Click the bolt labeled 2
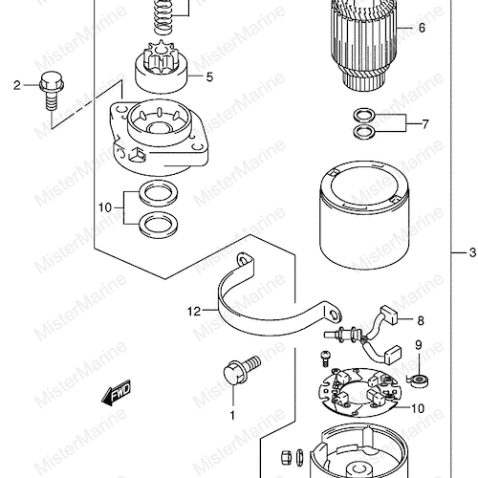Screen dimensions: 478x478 tap(52, 90)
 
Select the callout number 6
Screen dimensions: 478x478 tap(422, 28)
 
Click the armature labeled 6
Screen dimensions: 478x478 tap(363, 45)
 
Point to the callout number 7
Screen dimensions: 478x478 tap(425, 124)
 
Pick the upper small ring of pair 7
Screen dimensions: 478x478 tap(364, 116)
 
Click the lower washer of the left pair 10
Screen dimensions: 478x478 tap(159, 226)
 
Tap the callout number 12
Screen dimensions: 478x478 tap(194, 311)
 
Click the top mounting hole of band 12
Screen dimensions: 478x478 tap(244, 260)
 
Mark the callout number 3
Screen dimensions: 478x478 tap(472, 252)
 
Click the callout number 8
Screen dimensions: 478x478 tap(421, 320)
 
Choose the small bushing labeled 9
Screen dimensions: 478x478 tap(419, 380)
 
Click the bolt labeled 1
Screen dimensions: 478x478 tap(242, 370)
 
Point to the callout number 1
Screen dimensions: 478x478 tap(232, 415)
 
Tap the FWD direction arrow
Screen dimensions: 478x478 tap(116, 393)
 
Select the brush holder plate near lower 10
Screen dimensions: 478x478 tap(359, 392)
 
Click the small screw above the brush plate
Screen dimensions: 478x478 tap(325, 358)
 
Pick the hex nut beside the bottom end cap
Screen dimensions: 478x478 tap(286, 457)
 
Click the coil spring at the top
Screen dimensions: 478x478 tap(164, 16)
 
